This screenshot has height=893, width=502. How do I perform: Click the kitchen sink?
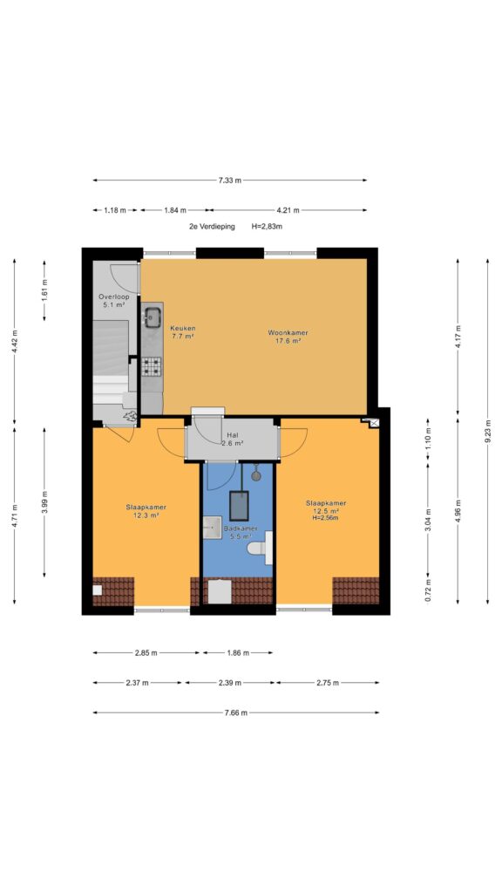tap(152, 317)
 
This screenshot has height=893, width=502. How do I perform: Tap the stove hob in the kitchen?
tap(152, 366)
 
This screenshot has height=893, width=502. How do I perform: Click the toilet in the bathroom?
tap(260, 547)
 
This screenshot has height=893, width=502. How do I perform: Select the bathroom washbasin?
tap(213, 528)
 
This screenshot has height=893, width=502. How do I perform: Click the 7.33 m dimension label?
tap(230, 180)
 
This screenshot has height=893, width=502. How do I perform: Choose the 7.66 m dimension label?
tap(235, 712)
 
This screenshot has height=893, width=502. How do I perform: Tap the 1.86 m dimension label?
tap(237, 652)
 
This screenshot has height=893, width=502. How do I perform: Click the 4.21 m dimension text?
tap(288, 210)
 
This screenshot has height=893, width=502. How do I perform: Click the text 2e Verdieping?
tap(212, 226)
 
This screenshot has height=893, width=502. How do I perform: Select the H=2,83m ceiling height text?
tap(267, 226)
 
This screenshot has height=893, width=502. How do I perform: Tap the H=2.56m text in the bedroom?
tap(326, 518)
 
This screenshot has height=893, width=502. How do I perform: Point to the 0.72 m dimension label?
tap(428, 590)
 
